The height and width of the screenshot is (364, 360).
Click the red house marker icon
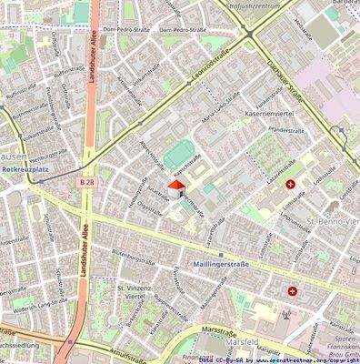coord(174,187)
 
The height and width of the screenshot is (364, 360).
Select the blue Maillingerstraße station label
coord(221,264)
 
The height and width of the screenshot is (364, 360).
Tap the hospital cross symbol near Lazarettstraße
coord(291,184)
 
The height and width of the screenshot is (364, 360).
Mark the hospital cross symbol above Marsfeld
coord(293,291)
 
